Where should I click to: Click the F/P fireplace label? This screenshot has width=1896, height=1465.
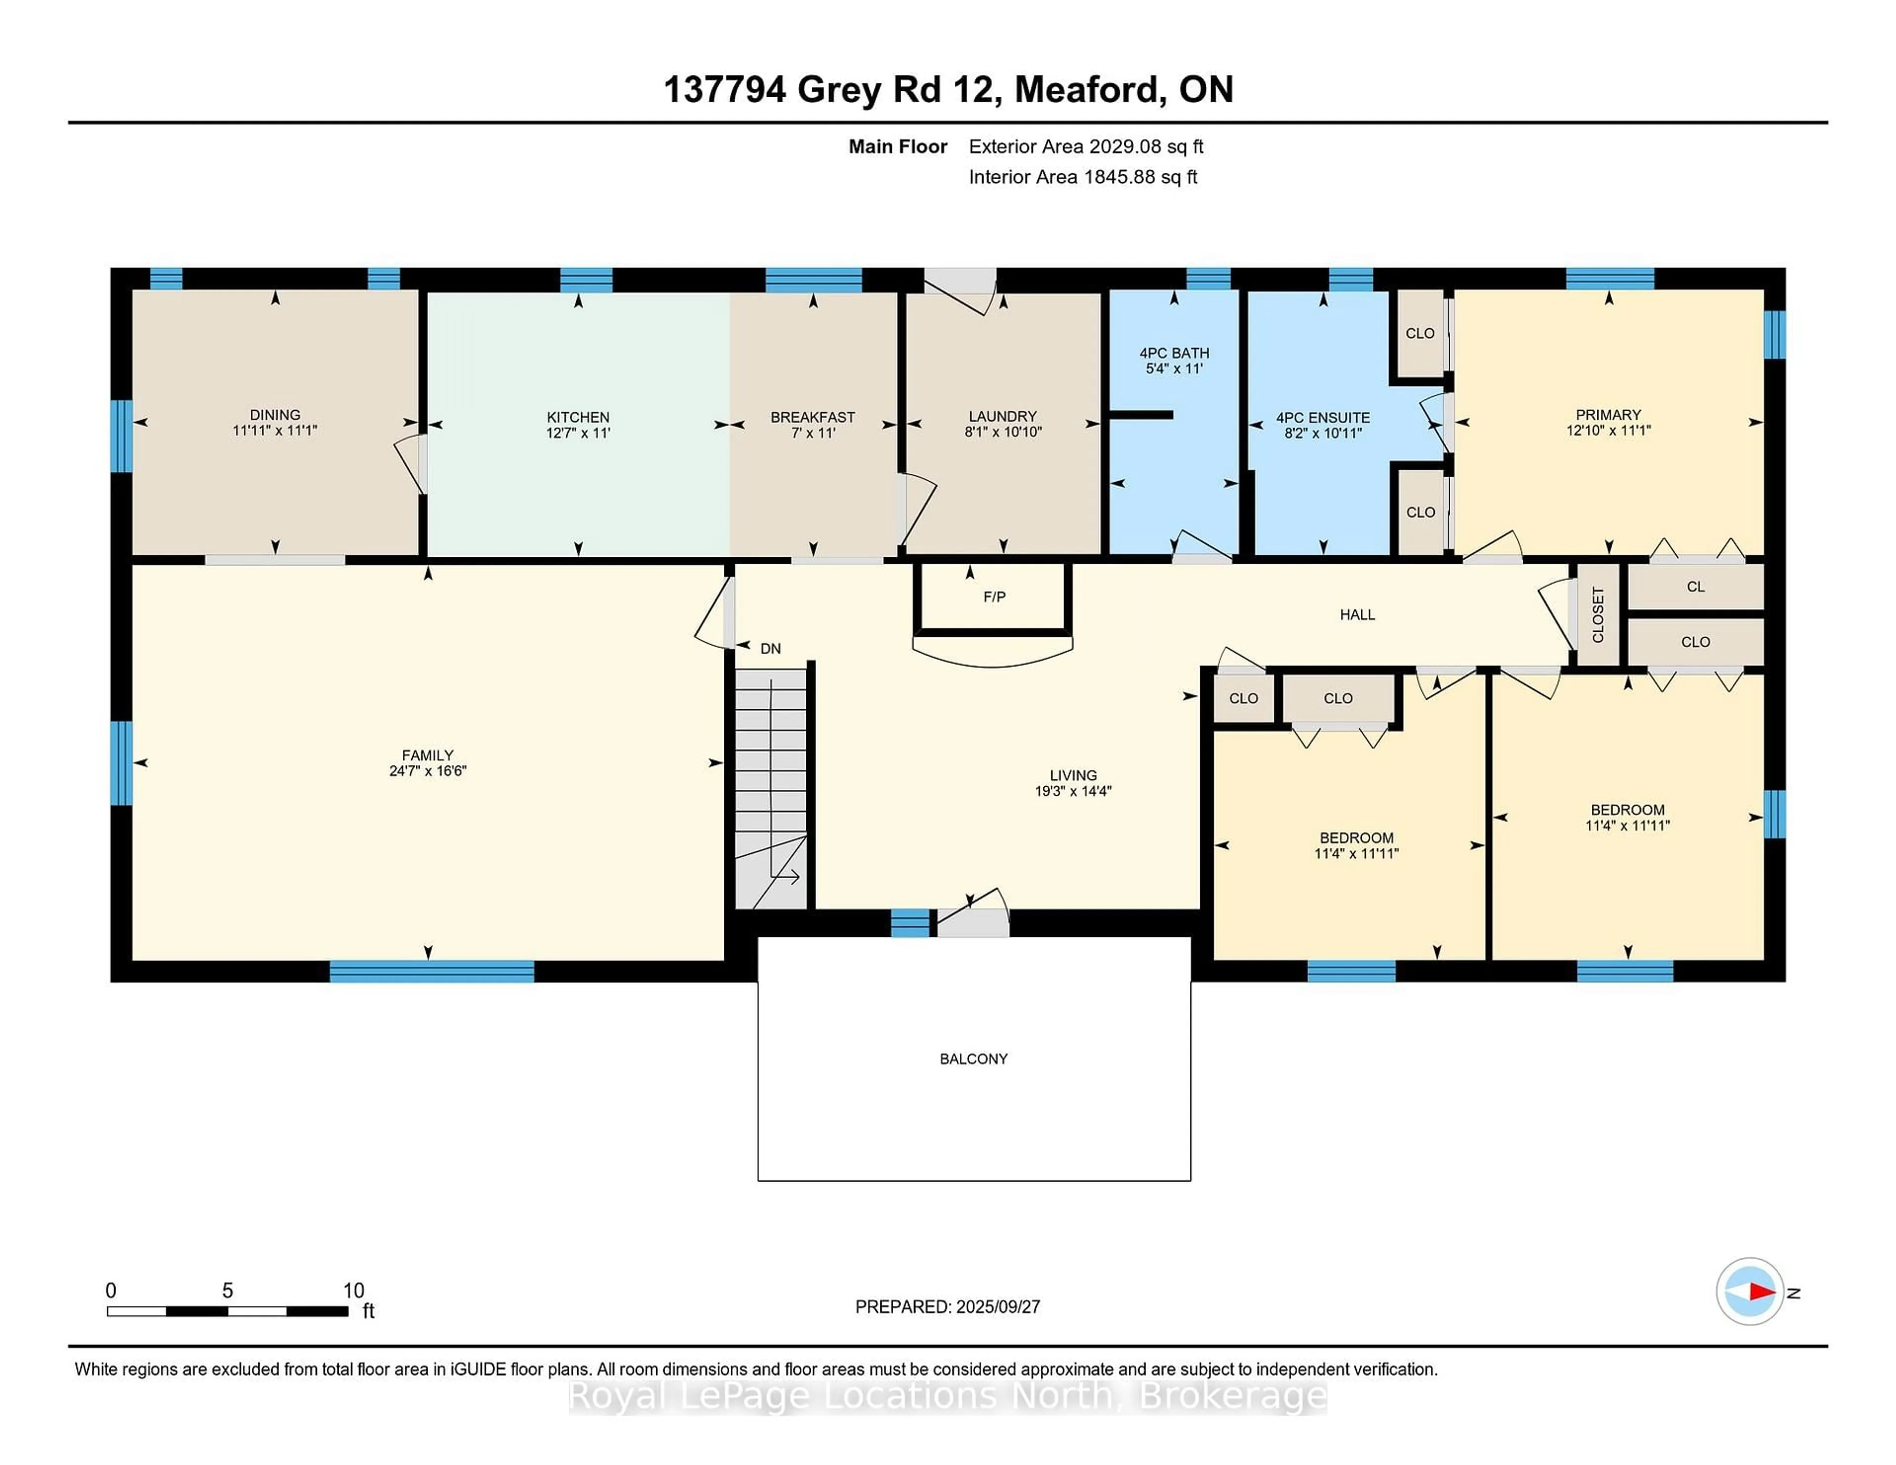point(994,597)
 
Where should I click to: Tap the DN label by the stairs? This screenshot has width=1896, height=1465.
point(770,648)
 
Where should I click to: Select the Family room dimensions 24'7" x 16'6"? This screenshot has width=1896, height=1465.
point(428,771)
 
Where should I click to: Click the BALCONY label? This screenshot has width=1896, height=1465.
point(973,1059)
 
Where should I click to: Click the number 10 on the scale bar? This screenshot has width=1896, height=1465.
point(354,1291)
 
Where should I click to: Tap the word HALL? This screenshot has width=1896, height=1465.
point(1357,615)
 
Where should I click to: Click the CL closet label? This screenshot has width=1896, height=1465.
point(1696,587)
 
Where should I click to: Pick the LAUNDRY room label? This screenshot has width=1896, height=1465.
point(1003,417)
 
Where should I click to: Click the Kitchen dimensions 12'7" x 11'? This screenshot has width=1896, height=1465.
point(578,432)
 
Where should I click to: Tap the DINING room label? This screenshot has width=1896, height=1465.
point(275,415)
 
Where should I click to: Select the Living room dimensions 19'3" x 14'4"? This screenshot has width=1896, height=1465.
point(1073,791)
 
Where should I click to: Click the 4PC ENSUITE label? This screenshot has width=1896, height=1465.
point(1323,418)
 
